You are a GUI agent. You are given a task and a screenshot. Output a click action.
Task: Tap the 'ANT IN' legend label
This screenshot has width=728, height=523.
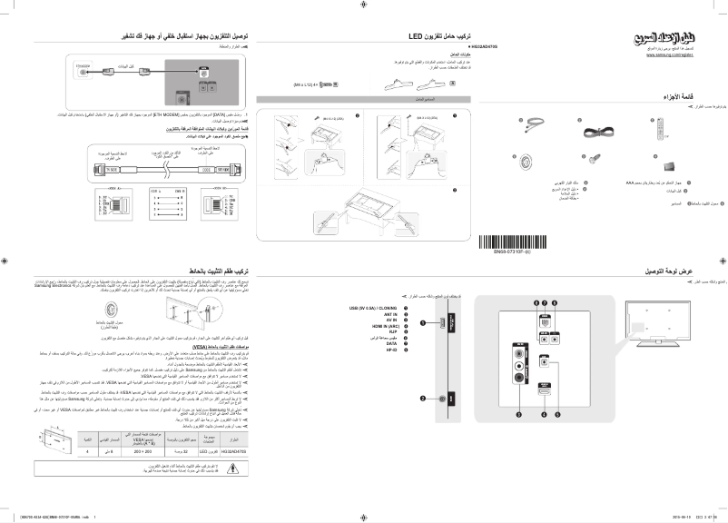pyautogui.click(x=391, y=314)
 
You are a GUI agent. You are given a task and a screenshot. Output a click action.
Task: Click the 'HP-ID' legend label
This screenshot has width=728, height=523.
pyautogui.click(x=392, y=350)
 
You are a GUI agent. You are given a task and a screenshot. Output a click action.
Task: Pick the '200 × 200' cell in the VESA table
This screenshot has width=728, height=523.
pyautogui.click(x=143, y=449)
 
